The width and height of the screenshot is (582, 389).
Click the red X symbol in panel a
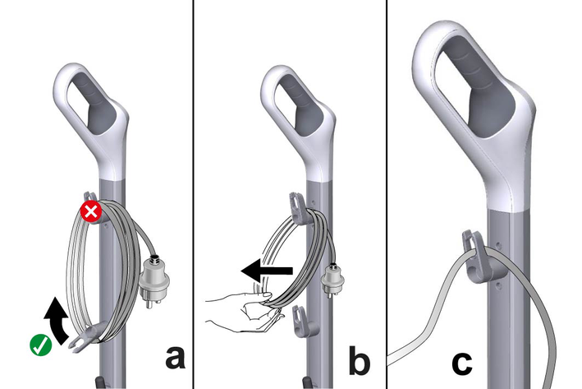coord(91,211)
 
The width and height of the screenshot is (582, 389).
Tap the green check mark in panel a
coord(41,345)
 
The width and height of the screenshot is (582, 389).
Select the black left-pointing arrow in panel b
coord(267,271)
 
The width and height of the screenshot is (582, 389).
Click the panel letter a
coord(175,358)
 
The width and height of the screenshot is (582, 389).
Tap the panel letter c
coord(462,363)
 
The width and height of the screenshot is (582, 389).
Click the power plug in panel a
coord(154,280)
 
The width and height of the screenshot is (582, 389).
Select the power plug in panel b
coord(332,280)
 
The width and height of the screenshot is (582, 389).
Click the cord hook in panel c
coord(483,257)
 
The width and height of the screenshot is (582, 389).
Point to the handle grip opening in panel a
coord(92,101)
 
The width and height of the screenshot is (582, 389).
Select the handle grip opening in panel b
coord(299,103)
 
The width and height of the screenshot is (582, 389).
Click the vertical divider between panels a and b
coord(193,194)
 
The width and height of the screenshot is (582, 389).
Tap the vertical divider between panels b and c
coord(387,194)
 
